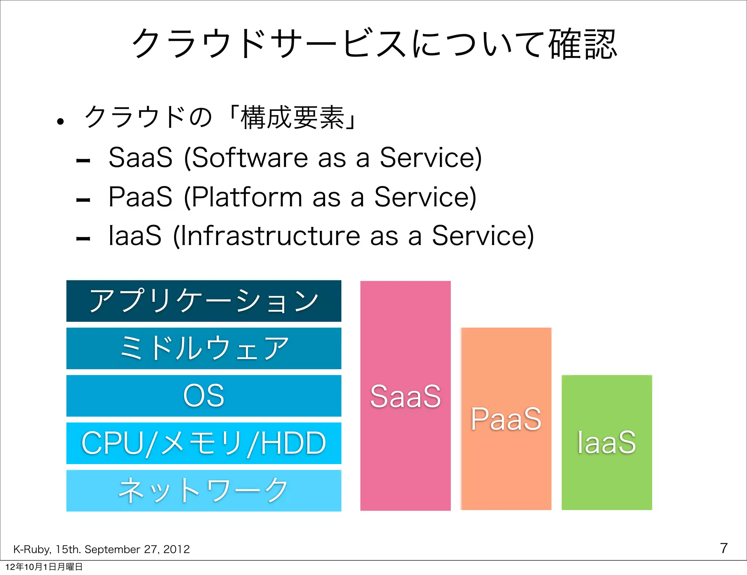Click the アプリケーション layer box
click(x=204, y=301)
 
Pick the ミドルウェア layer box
click(x=204, y=348)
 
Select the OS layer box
click(x=204, y=395)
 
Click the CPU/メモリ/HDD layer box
click(x=204, y=443)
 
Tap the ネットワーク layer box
click(x=204, y=490)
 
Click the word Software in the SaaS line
click(x=250, y=158)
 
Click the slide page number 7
click(x=724, y=548)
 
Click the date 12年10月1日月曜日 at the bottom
click(x=44, y=567)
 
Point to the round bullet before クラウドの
click(x=61, y=121)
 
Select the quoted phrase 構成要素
click(x=292, y=117)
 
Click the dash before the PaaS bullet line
click(x=83, y=200)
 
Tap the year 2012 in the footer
click(x=177, y=549)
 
